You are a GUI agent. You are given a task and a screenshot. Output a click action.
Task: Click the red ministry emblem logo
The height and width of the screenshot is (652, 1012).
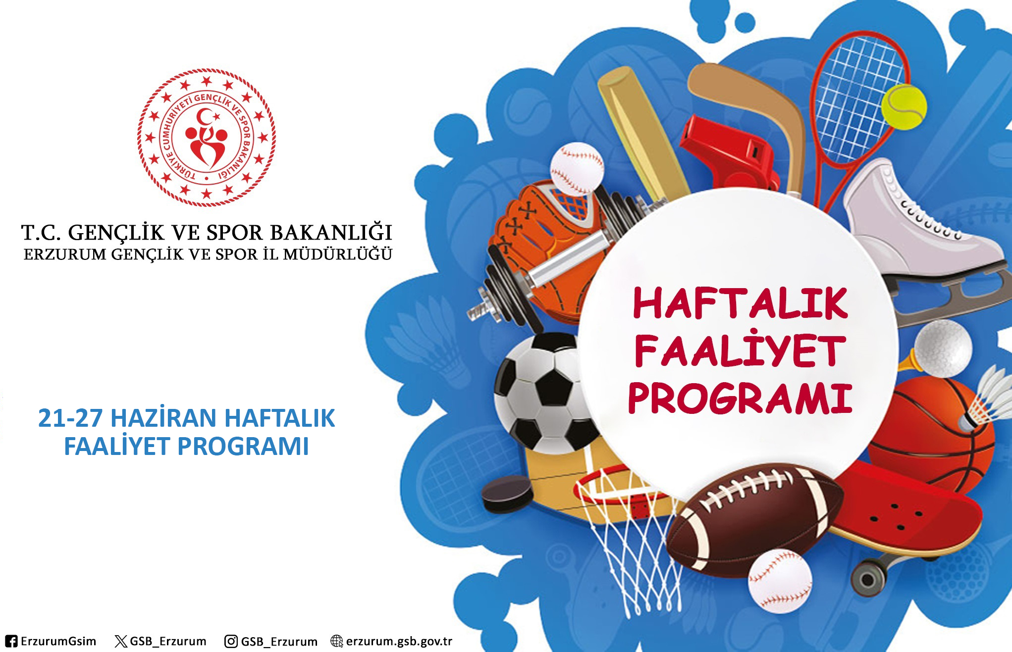tap(207, 138)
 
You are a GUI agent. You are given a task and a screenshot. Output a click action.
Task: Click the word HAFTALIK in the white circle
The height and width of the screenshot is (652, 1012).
tap(740, 303)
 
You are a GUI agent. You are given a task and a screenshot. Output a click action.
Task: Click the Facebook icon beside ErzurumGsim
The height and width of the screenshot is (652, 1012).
tap(11, 641)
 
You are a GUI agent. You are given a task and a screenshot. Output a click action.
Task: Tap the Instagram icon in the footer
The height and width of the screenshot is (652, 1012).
tap(231, 641)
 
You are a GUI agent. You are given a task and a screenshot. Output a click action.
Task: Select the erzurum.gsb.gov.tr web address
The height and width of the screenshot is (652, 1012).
tap(399, 641)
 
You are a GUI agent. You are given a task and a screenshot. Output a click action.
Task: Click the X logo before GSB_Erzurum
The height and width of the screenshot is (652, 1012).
tap(120, 642)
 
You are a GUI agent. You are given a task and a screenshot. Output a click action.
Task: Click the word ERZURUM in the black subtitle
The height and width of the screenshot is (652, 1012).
tap(65, 254)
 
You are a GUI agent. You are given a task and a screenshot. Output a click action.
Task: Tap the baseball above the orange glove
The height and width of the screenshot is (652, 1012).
tap(577, 169)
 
